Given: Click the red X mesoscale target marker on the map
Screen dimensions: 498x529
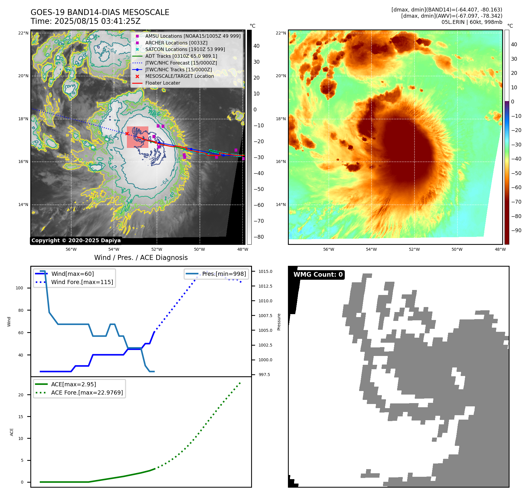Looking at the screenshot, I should pos(127,134).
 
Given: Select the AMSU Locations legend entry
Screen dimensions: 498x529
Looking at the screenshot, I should pos(193,36).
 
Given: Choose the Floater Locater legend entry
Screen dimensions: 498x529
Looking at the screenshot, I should pos(162,83).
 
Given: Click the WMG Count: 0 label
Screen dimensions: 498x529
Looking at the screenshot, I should pos(318,275).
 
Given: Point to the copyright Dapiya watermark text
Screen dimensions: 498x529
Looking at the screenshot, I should pos(76,240).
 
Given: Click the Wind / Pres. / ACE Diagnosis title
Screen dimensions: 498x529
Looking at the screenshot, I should pos(141,258).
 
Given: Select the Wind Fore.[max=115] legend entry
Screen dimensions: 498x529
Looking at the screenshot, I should pos(82,282).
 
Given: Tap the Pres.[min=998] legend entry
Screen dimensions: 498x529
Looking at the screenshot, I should pos(224,274).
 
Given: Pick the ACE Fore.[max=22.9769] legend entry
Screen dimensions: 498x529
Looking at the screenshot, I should pos(87,393).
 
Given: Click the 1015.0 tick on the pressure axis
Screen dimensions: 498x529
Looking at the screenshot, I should pos(265,271).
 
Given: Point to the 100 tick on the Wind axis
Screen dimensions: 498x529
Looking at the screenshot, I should pos(19,288).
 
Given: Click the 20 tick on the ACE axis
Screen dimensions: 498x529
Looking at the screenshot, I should pos(21,395).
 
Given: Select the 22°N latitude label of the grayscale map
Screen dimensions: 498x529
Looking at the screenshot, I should pos(23,33).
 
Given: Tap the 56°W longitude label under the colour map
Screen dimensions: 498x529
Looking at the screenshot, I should pos(329,249).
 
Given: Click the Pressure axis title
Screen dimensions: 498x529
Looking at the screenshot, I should pos(279,322).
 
